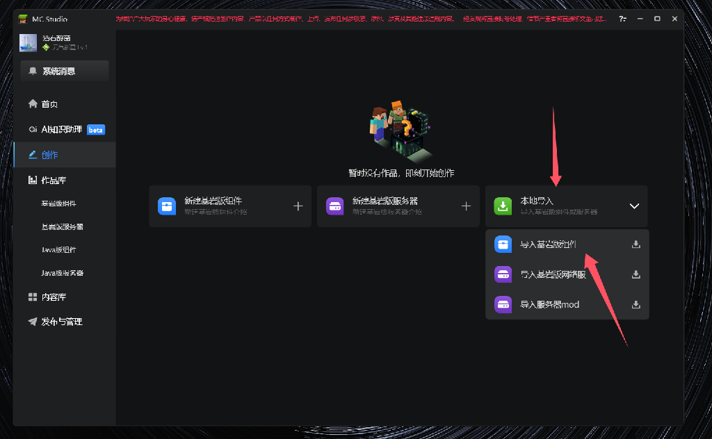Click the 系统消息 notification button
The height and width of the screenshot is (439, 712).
[64, 71]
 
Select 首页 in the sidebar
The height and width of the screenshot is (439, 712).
[49, 104]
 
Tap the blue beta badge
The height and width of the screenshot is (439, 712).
[96, 130]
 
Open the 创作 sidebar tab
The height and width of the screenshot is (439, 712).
[49, 155]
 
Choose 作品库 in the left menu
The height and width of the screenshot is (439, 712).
[54, 181]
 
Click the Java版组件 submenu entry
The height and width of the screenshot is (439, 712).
[59, 250]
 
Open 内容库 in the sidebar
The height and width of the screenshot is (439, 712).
[54, 297]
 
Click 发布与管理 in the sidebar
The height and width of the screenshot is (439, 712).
[61, 322]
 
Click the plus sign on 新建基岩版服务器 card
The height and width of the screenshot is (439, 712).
[466, 206]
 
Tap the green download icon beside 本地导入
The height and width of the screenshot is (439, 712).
[503, 206]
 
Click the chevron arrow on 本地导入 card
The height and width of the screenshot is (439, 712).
[633, 206]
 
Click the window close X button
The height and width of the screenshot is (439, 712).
[674, 19]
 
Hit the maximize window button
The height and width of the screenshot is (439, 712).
[657, 19]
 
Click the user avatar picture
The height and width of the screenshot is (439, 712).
[28, 43]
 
